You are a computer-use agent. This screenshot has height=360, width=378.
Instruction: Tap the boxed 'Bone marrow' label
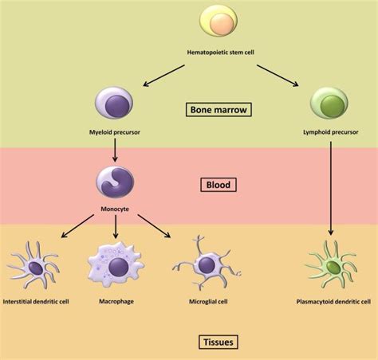pos(219,109)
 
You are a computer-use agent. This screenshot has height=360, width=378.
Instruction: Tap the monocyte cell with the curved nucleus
pos(116,182)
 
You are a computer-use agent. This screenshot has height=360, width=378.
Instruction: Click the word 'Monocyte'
pos(116,210)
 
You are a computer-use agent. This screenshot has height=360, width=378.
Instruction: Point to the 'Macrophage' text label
pos(116,302)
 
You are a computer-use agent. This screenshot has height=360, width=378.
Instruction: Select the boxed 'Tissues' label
pos(218,342)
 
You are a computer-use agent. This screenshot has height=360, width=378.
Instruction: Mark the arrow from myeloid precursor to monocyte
pos(116,149)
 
